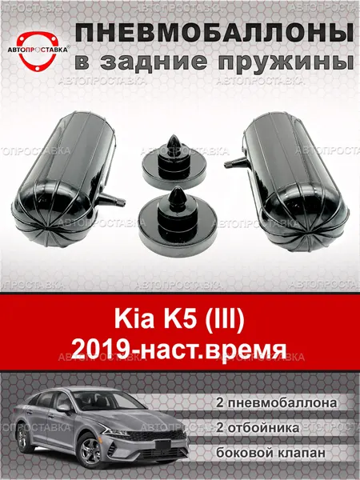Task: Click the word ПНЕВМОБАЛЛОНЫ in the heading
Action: coord(214,33)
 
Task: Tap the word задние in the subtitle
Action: coord(154,62)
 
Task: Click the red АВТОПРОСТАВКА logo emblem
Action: coord(38,50)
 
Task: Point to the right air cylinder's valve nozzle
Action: coord(236,162)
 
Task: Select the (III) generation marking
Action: coord(225,320)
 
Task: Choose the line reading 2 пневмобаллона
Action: coord(277,403)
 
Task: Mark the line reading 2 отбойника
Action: coord(258,428)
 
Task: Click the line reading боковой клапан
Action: coord(270,453)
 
